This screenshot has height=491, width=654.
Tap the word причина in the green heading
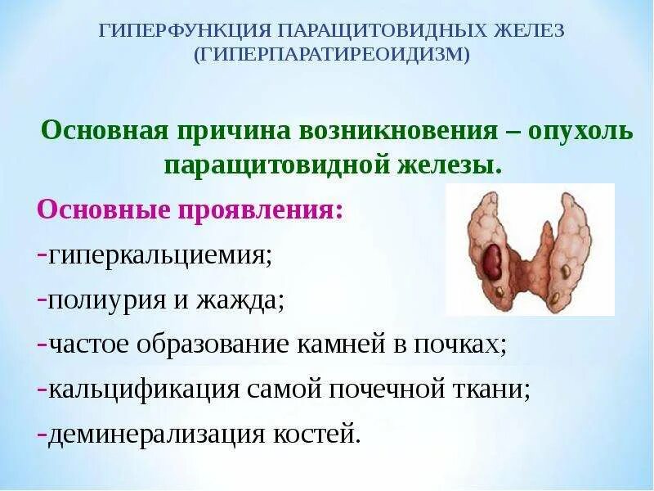(x=216, y=130)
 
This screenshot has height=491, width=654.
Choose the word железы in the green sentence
(x=449, y=164)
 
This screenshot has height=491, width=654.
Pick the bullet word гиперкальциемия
(x=159, y=255)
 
